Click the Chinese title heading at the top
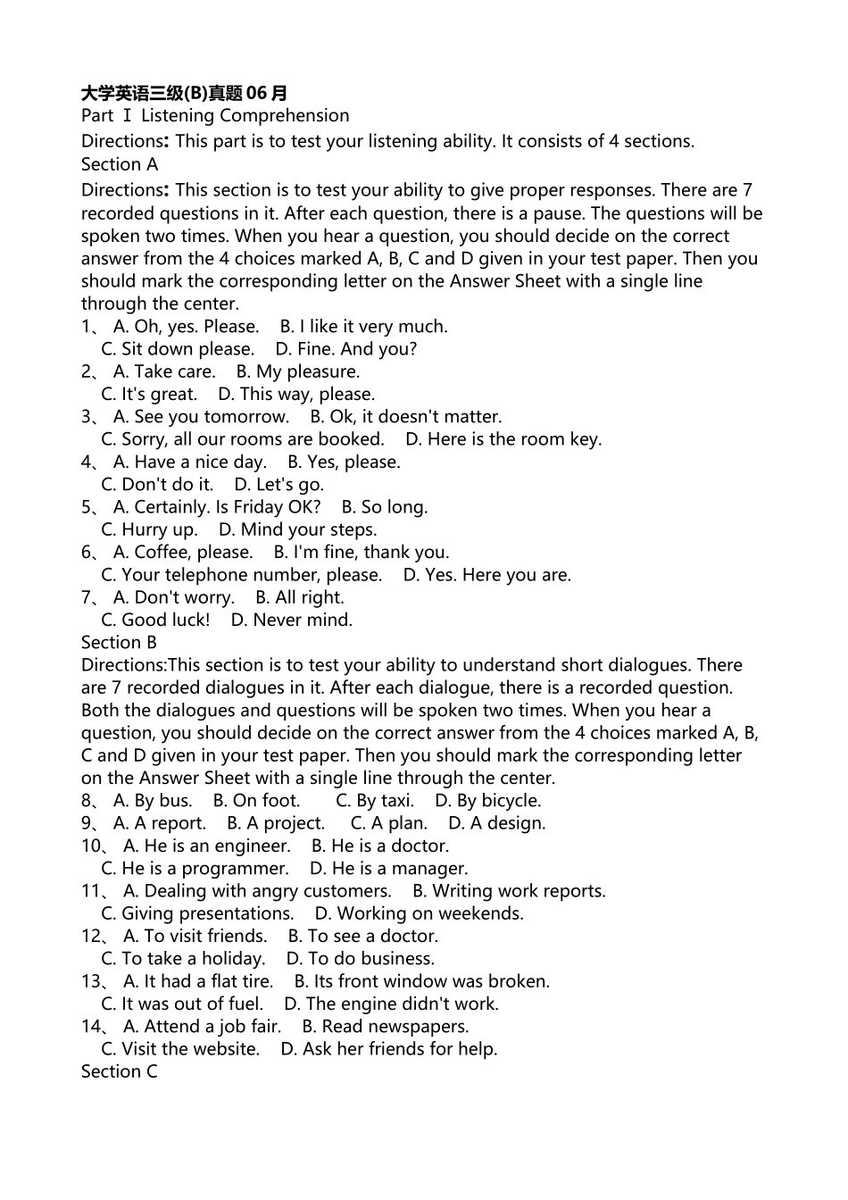(x=184, y=93)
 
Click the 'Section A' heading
(x=120, y=164)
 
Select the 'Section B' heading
(x=119, y=643)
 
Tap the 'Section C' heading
(x=119, y=1071)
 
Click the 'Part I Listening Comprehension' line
(x=215, y=115)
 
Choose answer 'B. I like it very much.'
(x=363, y=327)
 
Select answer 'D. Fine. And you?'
(x=345, y=349)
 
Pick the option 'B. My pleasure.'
(x=298, y=371)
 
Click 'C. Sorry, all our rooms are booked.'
(x=243, y=439)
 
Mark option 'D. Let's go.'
(x=279, y=485)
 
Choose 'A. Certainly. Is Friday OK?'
(x=217, y=507)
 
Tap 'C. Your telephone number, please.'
(x=242, y=575)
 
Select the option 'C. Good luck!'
(x=155, y=620)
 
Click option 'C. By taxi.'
(x=374, y=801)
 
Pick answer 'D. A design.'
(x=496, y=823)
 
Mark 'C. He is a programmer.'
(x=195, y=869)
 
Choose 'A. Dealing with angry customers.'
(x=257, y=891)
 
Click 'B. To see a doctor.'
(x=362, y=936)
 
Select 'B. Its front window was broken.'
(x=421, y=981)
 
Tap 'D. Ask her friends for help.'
(x=388, y=1049)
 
